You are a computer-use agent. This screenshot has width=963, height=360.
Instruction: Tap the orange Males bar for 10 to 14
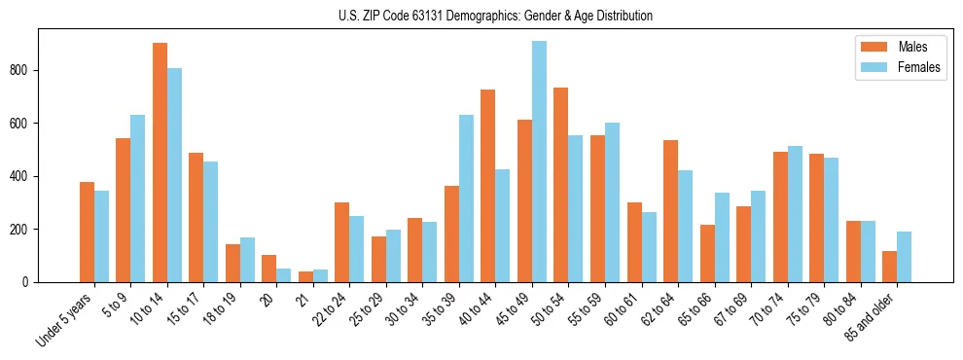pos(160,162)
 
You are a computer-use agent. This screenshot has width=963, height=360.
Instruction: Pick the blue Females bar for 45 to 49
pos(539,162)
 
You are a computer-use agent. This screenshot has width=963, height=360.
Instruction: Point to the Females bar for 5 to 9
pos(138,198)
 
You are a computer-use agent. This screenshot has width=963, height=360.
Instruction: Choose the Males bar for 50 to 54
pos(560,185)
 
